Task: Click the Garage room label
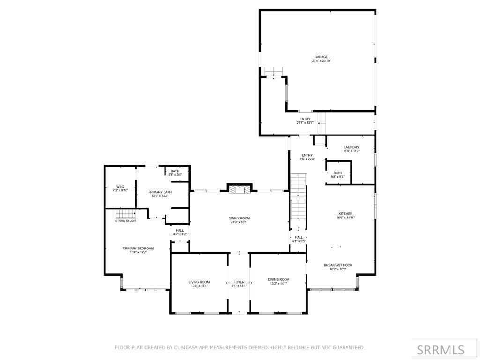(x=321, y=57)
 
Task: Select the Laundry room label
(x=352, y=147)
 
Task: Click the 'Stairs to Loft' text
(x=126, y=221)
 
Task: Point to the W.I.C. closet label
(x=120, y=187)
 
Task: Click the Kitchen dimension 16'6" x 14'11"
(x=345, y=217)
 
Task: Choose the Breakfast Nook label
(x=338, y=265)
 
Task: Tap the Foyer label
(x=239, y=282)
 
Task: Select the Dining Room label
(x=278, y=279)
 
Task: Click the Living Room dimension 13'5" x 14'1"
(x=199, y=286)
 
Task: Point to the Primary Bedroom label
(x=138, y=248)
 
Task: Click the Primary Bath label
(x=160, y=192)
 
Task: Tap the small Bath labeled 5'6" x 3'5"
(x=175, y=171)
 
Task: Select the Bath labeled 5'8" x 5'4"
(x=337, y=173)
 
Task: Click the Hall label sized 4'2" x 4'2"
(x=180, y=231)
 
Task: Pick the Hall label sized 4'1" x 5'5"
(x=299, y=237)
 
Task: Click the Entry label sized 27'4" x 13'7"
(x=305, y=119)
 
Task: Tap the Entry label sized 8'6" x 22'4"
(x=307, y=155)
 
